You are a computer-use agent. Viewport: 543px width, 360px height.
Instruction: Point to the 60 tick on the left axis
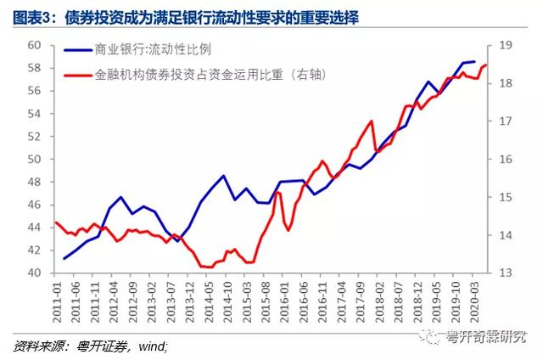coord(35,45)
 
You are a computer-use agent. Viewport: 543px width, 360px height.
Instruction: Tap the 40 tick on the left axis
coord(35,273)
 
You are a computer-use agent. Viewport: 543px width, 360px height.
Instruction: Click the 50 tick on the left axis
coord(35,159)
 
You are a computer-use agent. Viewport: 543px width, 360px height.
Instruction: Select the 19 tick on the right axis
coord(503,45)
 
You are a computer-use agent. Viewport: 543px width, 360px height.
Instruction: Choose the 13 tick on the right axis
coord(503,273)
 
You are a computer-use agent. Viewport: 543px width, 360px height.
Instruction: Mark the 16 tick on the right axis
coord(503,159)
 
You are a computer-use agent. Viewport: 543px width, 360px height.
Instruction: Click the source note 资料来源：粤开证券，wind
coord(90,346)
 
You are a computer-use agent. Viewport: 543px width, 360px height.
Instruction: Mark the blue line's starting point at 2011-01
coord(64,259)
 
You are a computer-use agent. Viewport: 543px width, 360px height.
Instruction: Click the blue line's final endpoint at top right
coord(474,61)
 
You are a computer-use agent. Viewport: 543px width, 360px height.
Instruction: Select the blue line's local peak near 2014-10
coord(223,176)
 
